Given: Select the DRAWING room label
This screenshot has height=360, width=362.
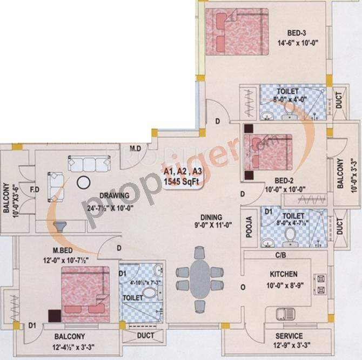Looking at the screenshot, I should pos(113,195).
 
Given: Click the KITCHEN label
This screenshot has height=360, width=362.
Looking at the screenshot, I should pos(284,274).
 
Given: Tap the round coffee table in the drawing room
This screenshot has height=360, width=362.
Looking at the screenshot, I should pos(84,182).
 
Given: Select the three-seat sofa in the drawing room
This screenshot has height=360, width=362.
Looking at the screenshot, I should pos(88,163).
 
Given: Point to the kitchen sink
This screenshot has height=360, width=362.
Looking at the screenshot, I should pos(283,314).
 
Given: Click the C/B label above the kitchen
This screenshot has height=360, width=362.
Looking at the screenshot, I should pos(281,255).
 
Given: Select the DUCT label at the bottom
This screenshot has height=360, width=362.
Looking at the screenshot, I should pos(146,336).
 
